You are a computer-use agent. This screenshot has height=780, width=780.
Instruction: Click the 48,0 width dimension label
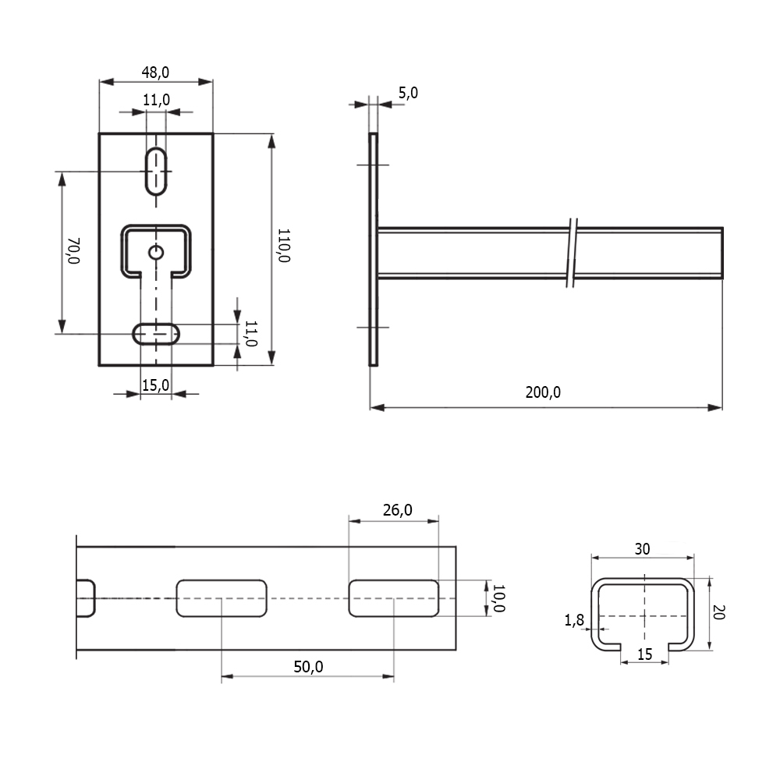[x=155, y=73]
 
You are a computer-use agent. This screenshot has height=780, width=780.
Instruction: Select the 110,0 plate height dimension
[x=284, y=245]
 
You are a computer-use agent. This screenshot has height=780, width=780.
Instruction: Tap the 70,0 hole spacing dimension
[x=73, y=250]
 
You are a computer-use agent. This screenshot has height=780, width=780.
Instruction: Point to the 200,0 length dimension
[x=543, y=392]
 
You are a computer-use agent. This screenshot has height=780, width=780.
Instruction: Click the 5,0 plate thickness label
[x=408, y=93]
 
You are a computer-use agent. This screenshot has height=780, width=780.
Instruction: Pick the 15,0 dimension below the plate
[x=156, y=385]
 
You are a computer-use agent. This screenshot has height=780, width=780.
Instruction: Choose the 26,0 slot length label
[x=398, y=510]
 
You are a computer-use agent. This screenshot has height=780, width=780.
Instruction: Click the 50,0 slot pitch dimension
[x=308, y=667]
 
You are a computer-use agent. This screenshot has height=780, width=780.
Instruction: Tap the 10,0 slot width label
[x=498, y=598]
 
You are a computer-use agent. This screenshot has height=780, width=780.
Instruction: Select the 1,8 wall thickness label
[x=574, y=620]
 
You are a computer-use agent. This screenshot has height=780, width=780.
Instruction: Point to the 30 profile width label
[x=642, y=549]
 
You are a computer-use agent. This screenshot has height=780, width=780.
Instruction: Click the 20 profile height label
[x=718, y=612]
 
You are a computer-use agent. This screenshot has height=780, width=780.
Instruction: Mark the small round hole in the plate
[x=156, y=253]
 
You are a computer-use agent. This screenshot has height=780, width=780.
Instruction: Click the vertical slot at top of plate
[x=156, y=171]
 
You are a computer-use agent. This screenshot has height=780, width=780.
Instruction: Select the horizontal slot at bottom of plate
[x=156, y=334]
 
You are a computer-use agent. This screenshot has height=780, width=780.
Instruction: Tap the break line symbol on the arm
[x=572, y=253]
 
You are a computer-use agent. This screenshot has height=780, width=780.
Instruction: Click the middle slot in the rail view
[x=222, y=598]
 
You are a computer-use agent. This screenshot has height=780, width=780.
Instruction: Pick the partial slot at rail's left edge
[x=86, y=598]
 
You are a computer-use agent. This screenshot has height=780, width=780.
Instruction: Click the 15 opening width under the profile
[x=645, y=654]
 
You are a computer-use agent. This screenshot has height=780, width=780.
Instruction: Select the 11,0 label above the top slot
[x=156, y=100]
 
